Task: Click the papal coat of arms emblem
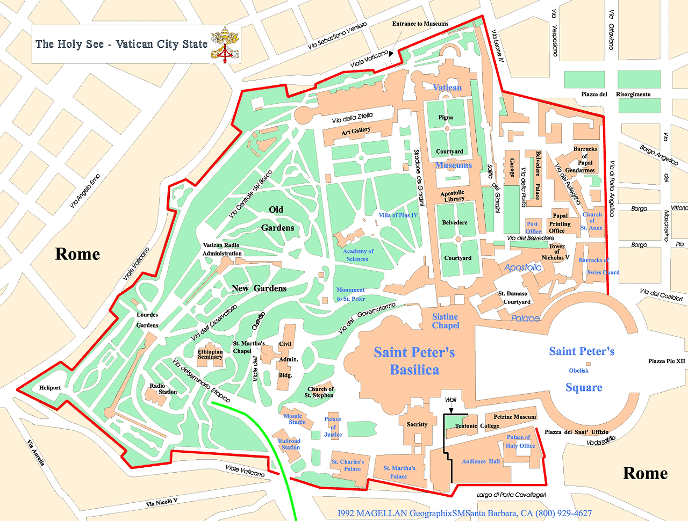(x=224, y=44)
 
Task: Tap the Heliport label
(x=50, y=387)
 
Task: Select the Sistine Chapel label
(x=446, y=321)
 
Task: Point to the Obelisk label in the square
(x=579, y=371)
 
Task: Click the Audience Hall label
(x=481, y=461)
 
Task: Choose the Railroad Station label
(x=290, y=444)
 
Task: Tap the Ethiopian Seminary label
(x=210, y=354)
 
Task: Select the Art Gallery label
(x=356, y=131)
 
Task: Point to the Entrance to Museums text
(x=420, y=24)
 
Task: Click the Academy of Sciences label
(x=358, y=255)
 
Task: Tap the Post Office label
(x=533, y=228)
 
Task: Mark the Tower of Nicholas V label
(x=556, y=252)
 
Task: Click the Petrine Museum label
(x=515, y=417)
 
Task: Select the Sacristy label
(x=417, y=424)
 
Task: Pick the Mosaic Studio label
(x=295, y=419)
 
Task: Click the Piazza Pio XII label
(x=666, y=361)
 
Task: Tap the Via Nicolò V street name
(x=161, y=503)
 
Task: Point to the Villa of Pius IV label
(x=398, y=215)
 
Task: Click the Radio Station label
(x=163, y=389)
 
